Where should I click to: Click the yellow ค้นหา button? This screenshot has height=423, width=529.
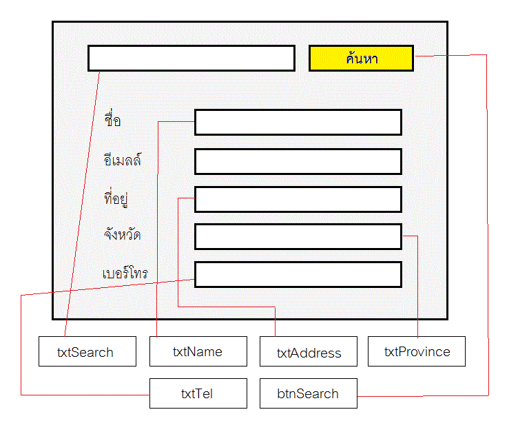coord(361,59)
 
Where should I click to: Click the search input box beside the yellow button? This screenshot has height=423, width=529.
coord(191,59)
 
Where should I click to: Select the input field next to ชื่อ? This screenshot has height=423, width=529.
coord(298,122)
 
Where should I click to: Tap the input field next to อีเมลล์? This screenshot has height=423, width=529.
coord(298,161)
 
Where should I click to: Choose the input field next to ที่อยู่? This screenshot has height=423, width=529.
coord(298,199)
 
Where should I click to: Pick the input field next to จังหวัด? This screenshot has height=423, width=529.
coord(298,236)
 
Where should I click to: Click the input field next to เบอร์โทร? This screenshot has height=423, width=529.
coord(298,274)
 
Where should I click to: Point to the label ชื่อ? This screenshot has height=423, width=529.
coord(112,121)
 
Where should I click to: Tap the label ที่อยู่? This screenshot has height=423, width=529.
coord(115,199)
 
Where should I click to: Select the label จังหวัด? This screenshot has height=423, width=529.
coord(123,235)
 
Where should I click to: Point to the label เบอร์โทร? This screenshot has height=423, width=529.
coord(125,274)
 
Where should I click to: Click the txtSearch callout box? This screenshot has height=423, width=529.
coord(85,351)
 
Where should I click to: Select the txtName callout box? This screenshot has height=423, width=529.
coord(198,351)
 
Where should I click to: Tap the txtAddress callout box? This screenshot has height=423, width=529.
coord(309,352)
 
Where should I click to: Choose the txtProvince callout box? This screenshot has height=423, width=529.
coord(417,351)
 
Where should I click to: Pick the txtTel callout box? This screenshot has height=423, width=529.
coord(198,394)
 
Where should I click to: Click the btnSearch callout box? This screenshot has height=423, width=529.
coord(308,394)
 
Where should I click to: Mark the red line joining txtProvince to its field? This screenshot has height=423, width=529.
coord(418,289)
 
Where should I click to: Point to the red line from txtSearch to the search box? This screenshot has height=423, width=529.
coord(83,207)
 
